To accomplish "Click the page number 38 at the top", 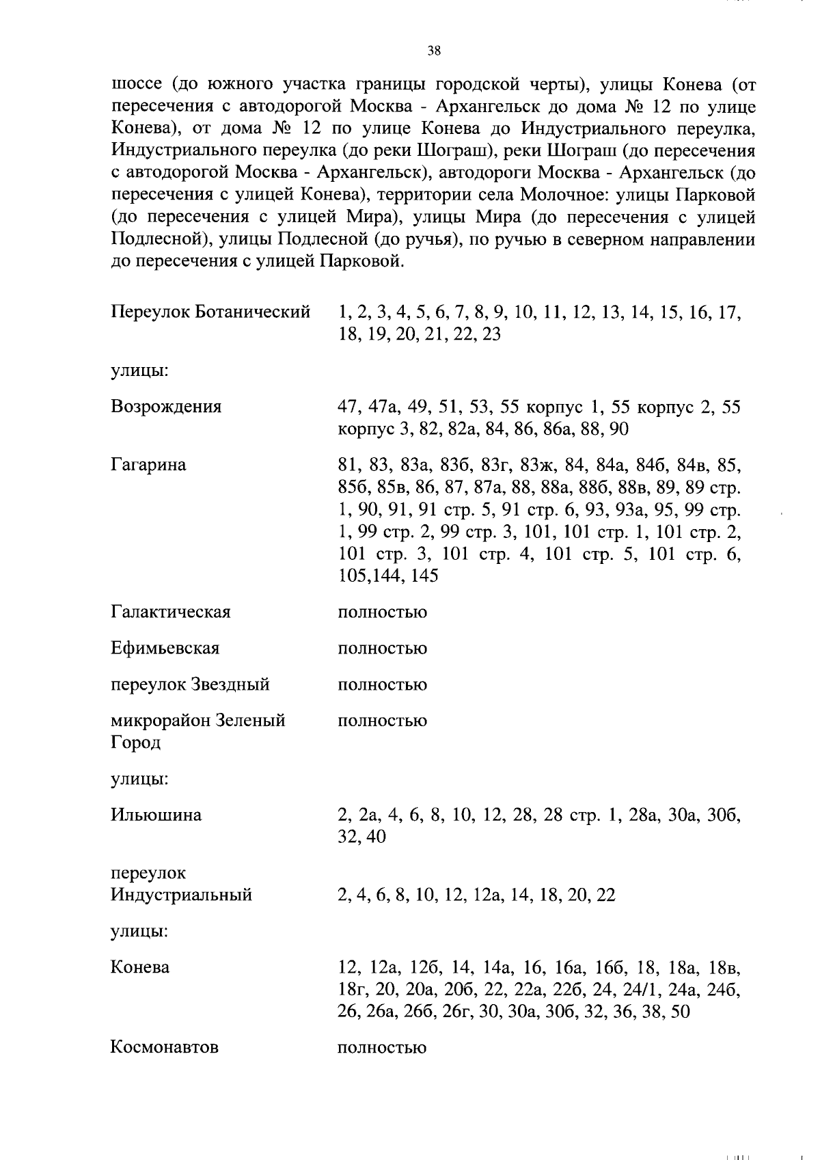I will (x=433, y=51).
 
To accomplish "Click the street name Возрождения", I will (x=166, y=407).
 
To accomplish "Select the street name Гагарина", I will (x=148, y=465).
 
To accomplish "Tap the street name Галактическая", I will (x=170, y=612).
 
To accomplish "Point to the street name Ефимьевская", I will (x=165, y=648).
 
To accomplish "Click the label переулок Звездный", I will (x=190, y=684).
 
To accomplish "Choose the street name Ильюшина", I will (x=156, y=815).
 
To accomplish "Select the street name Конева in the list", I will (x=139, y=967).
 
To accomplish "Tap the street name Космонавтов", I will (x=164, y=1047).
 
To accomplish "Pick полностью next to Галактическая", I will (x=382, y=612).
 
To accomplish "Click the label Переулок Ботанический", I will (x=210, y=312).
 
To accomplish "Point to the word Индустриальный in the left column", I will (x=181, y=895).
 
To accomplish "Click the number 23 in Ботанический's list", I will (x=491, y=335).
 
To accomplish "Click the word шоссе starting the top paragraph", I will (x=136, y=85).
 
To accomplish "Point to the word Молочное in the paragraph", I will (x=564, y=195).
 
